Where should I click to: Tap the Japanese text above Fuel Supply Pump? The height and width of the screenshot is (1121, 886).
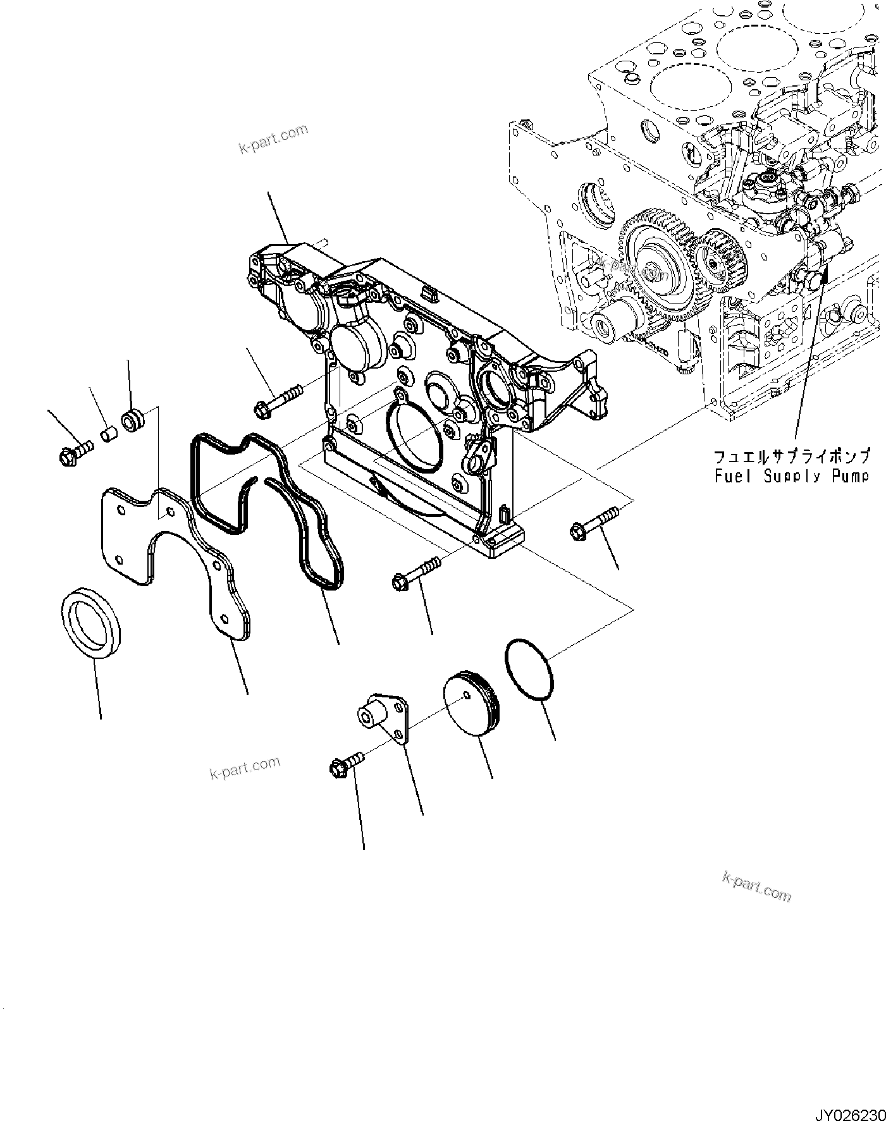tap(791, 456)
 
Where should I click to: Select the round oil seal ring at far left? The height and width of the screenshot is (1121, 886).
tap(93, 623)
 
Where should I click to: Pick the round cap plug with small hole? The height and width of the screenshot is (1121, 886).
tap(471, 706)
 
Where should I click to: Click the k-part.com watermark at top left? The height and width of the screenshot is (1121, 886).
tap(273, 140)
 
